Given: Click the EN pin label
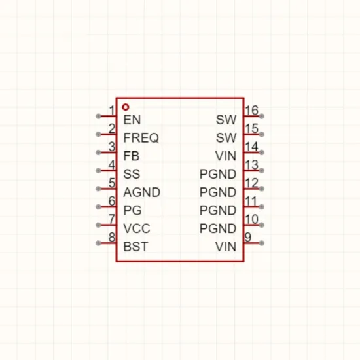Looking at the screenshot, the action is tap(132, 120).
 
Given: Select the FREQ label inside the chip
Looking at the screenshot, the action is tap(141, 137).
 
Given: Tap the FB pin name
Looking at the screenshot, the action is tap(132, 156).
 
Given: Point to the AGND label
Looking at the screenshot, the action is tap(141, 192).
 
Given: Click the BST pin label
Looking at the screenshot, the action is tap(135, 247).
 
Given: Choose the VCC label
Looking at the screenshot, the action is tap(137, 228).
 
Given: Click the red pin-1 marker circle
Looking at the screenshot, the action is tap(126, 107).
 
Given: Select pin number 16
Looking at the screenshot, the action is tap(252, 110).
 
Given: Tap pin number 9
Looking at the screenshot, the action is tap(248, 237).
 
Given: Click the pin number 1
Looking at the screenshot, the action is tap(112, 111).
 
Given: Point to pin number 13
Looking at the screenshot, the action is tap(252, 164).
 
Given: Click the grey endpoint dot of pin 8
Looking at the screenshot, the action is tap(98, 243).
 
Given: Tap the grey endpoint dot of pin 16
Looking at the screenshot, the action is tap(261, 116).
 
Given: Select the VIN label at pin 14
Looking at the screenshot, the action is tap(226, 156).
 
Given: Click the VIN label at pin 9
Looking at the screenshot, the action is tap(226, 247).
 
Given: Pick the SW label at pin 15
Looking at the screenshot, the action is tap(226, 137).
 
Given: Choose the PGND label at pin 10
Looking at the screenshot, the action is tap(218, 228).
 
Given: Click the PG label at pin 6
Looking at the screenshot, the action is tap(132, 210).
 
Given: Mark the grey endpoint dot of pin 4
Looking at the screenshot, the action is tap(98, 171).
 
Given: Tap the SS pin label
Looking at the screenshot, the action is tap(132, 174).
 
